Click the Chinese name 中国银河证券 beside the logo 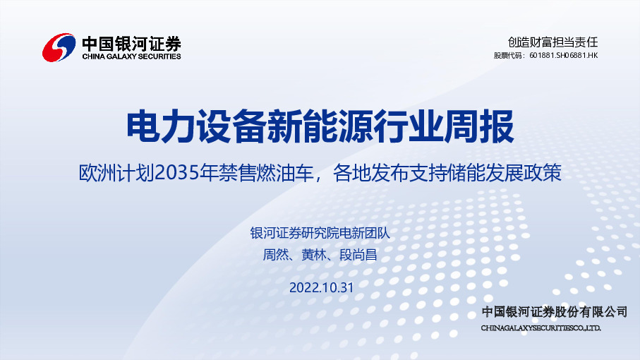(131, 42)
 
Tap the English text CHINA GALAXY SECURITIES (131, 56)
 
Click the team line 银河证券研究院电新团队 (320, 234)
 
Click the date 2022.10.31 (320, 287)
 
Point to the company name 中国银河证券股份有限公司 (554, 311)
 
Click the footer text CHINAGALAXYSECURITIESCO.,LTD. (541, 328)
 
